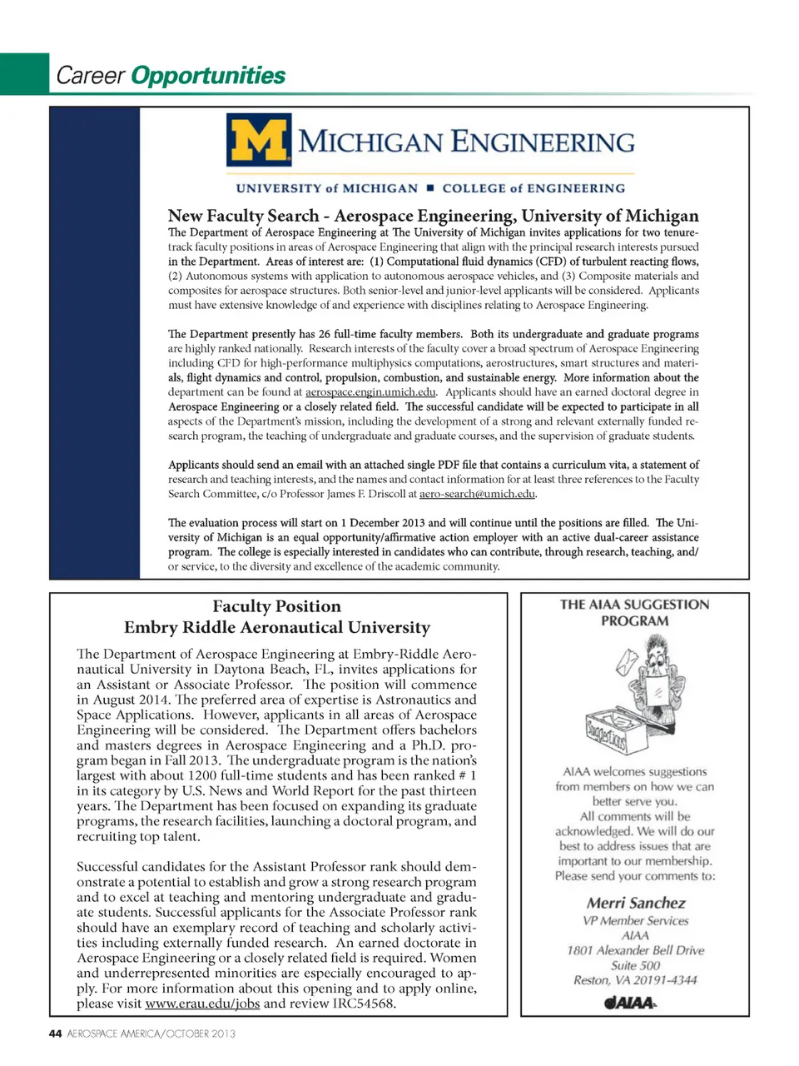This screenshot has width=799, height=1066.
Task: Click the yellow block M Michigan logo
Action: click(x=259, y=141)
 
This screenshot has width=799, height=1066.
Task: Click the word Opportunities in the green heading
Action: click(x=208, y=76)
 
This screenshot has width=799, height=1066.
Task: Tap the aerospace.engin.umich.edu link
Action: click(x=370, y=392)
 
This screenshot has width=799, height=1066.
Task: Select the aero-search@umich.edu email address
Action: click(x=477, y=494)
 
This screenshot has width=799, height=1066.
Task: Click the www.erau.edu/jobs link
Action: click(x=202, y=1004)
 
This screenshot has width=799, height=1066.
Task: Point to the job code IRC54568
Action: click(x=361, y=1004)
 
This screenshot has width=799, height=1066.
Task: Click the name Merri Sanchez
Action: click(x=636, y=903)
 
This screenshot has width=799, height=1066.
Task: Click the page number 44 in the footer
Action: click(x=55, y=1034)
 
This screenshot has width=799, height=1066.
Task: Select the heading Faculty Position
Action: click(x=276, y=606)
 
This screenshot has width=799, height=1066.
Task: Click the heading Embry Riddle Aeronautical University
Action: click(x=276, y=628)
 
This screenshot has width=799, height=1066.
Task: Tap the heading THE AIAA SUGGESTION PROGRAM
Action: click(x=634, y=612)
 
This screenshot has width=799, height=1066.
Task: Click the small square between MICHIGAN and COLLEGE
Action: click(x=430, y=188)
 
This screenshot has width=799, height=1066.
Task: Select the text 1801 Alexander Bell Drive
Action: click(x=635, y=950)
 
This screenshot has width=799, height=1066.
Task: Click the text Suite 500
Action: click(x=635, y=965)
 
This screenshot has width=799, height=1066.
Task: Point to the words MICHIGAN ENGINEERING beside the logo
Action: click(x=466, y=142)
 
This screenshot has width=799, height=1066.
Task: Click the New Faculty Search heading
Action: click(x=433, y=216)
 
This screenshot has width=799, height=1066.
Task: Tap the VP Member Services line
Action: click(x=635, y=921)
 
